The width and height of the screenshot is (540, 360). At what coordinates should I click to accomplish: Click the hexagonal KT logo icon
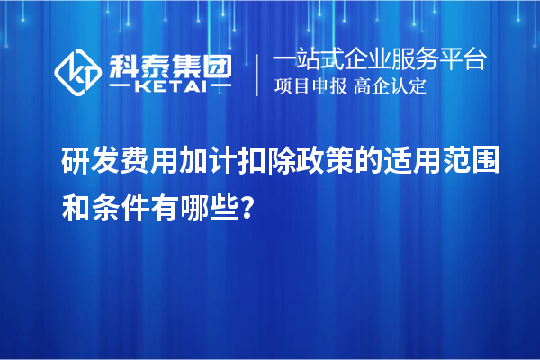(78, 69)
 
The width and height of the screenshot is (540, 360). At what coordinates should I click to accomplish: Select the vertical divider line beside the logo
(259, 71)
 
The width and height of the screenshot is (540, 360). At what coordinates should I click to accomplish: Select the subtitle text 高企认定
(391, 87)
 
